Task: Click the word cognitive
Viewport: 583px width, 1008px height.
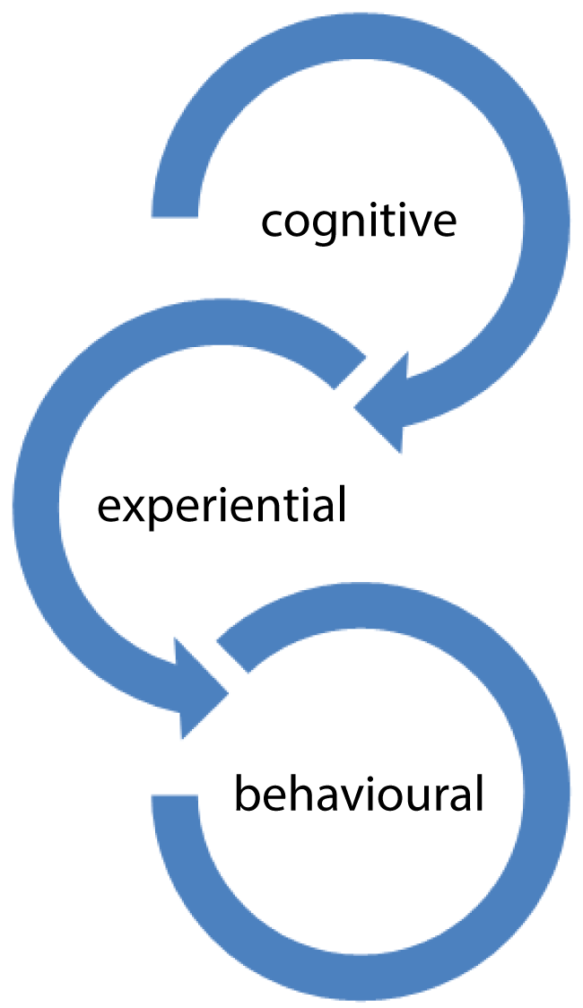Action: pyautogui.click(x=359, y=222)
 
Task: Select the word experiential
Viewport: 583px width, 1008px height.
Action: pyautogui.click(x=222, y=508)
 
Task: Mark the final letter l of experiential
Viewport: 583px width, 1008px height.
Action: pyautogui.click(x=341, y=505)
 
